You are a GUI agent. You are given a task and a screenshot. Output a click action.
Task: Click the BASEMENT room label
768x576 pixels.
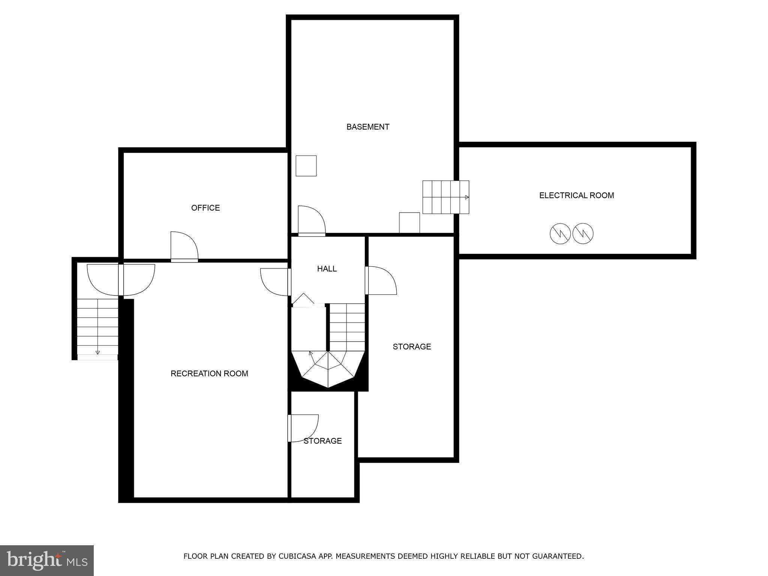pos(367,127)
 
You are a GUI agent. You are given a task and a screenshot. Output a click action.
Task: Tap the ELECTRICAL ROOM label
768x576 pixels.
pos(576,195)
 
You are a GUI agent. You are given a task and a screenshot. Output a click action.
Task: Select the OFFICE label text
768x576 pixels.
pos(205,208)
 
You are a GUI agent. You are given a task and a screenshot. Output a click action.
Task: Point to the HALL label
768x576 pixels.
pos(327,268)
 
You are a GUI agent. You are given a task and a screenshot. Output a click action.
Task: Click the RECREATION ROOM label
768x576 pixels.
pos(209,373)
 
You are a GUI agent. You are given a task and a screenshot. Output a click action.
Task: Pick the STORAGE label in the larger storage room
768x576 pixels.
pos(412,346)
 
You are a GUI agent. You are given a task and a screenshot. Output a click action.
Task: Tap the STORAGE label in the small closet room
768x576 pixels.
pos(322,441)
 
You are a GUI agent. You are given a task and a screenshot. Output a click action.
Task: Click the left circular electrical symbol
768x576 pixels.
pos(560,234)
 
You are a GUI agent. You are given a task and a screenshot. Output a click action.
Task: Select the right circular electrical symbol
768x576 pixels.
pos(583,234)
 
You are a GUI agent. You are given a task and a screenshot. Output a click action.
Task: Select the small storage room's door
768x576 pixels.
pos(303,428)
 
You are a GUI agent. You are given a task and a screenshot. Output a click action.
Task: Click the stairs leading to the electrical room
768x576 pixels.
pos(445,197)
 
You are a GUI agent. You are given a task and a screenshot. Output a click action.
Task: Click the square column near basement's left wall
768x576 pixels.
pos(306,166)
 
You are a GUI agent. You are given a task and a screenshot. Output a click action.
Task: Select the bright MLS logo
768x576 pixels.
pos(47,560)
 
